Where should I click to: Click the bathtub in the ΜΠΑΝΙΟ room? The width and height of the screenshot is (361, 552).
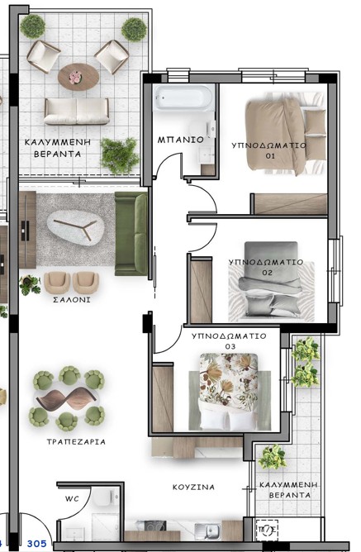pyautogui.click(x=183, y=98)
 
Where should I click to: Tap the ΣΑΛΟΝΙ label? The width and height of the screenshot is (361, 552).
pyautogui.click(x=72, y=300)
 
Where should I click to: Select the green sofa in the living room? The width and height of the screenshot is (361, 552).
pyautogui.click(x=131, y=234)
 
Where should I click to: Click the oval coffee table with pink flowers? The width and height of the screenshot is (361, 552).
pyautogui.click(x=78, y=77)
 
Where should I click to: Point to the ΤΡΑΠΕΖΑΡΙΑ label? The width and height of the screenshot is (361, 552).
pyautogui.click(x=76, y=441)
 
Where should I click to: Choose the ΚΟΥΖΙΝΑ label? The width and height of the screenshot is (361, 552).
pyautogui.click(x=193, y=487)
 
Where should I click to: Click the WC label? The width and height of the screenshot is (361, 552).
pyautogui.click(x=72, y=499)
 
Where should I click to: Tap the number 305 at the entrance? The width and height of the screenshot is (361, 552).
pyautogui.click(x=37, y=544)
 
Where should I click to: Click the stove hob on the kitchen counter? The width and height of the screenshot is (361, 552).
pyautogui.click(x=155, y=526)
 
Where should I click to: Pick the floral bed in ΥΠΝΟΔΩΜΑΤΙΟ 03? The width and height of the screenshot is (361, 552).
pyautogui.click(x=229, y=392)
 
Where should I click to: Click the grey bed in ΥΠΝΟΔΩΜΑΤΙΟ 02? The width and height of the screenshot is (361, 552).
pyautogui.click(x=271, y=279)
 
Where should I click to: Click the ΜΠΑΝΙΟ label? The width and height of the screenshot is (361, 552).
pyautogui.click(x=180, y=140)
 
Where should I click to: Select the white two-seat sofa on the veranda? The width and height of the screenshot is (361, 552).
pyautogui.click(x=77, y=112)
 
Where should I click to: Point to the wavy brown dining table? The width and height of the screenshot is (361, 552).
pyautogui.click(x=66, y=398)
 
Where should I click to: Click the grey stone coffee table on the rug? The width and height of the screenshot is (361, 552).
pyautogui.click(x=76, y=228)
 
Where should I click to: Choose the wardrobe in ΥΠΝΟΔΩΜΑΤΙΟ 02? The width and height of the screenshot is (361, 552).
pyautogui.click(x=201, y=290)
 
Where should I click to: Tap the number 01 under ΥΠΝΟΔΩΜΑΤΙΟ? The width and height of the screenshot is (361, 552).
pyautogui.click(x=270, y=156)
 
